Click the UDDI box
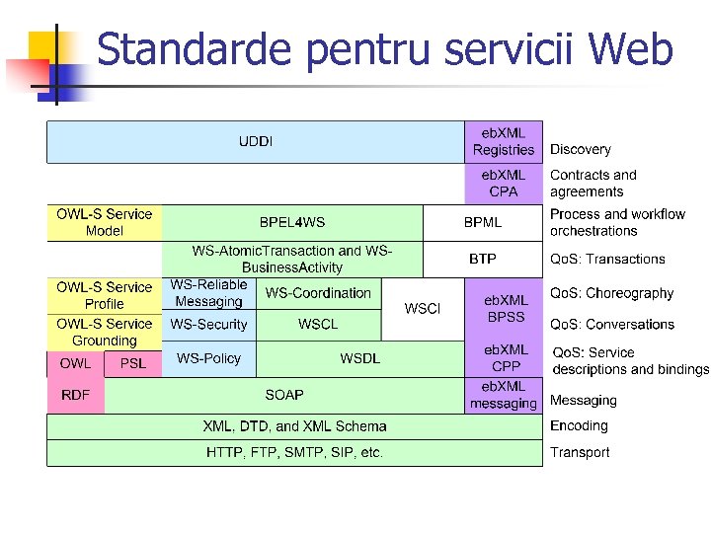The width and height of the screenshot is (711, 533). coord(256,141)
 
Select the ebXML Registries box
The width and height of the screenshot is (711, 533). coord(504,141)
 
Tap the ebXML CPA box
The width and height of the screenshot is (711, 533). coord(504,184)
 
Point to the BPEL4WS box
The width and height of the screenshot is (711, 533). coord(292,222)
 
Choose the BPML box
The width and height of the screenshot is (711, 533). coord(483,222)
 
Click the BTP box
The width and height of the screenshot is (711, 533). coord(483,259)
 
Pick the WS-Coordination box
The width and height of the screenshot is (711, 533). coord(318,293)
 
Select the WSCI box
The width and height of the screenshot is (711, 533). coord(422,309)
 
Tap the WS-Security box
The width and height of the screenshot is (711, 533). coord(208,324)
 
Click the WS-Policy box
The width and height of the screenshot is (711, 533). coord(208,358)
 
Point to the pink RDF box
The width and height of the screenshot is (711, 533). coord(75,395)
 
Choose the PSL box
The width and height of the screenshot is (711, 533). coord(132,363)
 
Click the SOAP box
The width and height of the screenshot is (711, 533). coord(284,395)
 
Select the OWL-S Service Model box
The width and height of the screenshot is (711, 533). coord(104,222)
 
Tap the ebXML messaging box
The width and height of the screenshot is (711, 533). coord(504,395)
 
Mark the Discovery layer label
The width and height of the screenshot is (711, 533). coord(581,150)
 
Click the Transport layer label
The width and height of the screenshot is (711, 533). coord(580,452)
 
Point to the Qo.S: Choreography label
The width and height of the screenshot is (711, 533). coord(611,293)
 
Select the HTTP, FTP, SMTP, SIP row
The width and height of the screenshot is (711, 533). coord(294,453)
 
